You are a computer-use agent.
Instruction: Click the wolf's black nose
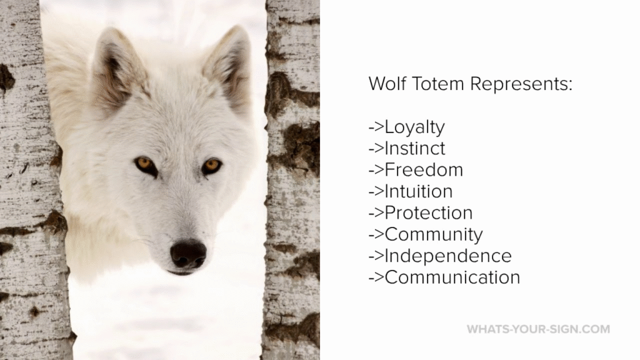coord(188,254)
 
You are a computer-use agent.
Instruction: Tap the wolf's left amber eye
coord(145,164)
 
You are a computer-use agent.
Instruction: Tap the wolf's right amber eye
coord(212,165)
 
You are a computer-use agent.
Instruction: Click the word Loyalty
coord(414,127)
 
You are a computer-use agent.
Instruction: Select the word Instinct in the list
coord(415,148)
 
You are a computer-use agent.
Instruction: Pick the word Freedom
coord(424,170)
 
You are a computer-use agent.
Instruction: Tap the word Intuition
coord(418,191)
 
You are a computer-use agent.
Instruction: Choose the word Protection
coord(429,213)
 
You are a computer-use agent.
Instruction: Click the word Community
coord(434,235)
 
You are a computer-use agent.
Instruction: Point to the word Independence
coord(447,256)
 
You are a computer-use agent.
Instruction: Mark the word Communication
coord(452,277)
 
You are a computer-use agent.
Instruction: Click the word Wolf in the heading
coord(387,84)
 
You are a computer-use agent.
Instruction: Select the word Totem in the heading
coord(438,84)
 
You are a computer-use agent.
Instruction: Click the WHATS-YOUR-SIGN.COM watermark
coord(538,329)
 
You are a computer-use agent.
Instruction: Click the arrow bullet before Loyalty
coord(376,127)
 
